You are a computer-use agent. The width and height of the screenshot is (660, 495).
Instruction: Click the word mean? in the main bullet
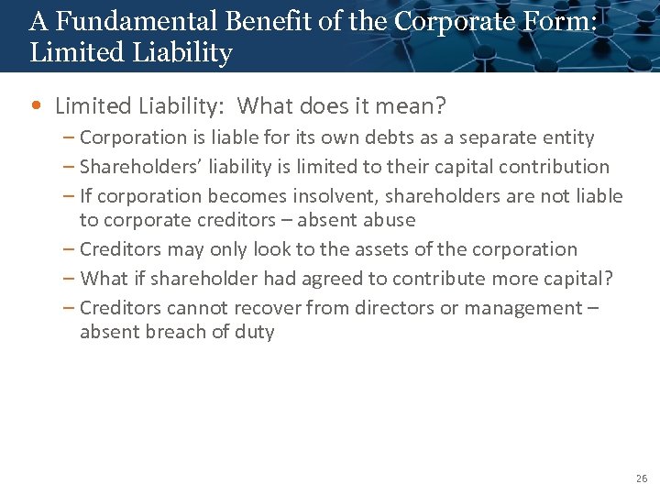[410, 106]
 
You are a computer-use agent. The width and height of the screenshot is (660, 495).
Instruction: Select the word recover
[267, 308]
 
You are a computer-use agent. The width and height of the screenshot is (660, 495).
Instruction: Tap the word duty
[255, 332]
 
